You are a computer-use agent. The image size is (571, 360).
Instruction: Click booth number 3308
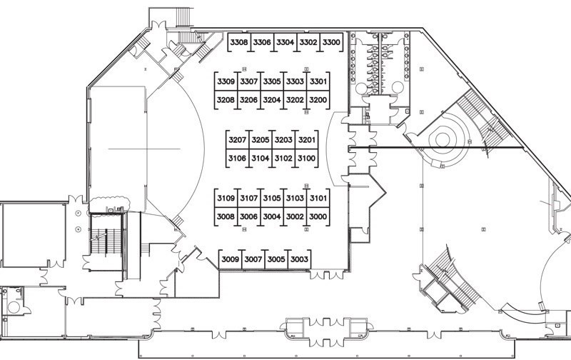pyautogui.click(x=239, y=42)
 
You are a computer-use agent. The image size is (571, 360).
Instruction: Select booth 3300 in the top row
pyautogui.click(x=331, y=42)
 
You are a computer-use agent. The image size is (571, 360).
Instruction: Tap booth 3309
pyautogui.click(x=226, y=81)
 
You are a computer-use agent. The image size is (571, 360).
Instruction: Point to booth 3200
pyautogui.click(x=318, y=100)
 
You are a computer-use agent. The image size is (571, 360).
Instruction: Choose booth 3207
pyautogui.click(x=238, y=139)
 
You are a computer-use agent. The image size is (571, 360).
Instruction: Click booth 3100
pyautogui.click(x=307, y=158)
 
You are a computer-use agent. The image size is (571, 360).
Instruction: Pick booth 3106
pyautogui.click(x=238, y=158)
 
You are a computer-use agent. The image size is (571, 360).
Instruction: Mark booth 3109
pyautogui.click(x=226, y=199)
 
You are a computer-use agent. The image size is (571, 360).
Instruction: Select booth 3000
pyautogui.click(x=318, y=216)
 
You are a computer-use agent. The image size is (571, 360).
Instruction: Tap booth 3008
pyautogui.click(x=226, y=216)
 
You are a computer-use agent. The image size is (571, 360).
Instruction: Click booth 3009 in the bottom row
pyautogui.click(x=230, y=259)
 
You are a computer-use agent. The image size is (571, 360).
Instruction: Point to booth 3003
pyautogui.click(x=299, y=259)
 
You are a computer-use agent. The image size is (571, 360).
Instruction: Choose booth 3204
pyautogui.click(x=272, y=100)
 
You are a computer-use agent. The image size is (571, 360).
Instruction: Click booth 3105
pyautogui.click(x=272, y=199)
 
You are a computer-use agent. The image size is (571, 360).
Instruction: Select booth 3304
pyautogui.click(x=285, y=42)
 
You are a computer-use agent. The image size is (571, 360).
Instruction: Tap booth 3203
pyautogui.click(x=283, y=139)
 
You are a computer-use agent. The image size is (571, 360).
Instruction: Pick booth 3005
pyautogui.click(x=276, y=259)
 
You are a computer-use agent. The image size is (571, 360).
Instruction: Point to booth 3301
pyautogui.click(x=318, y=81)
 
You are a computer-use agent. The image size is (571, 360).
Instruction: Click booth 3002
pyautogui.click(x=295, y=216)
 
